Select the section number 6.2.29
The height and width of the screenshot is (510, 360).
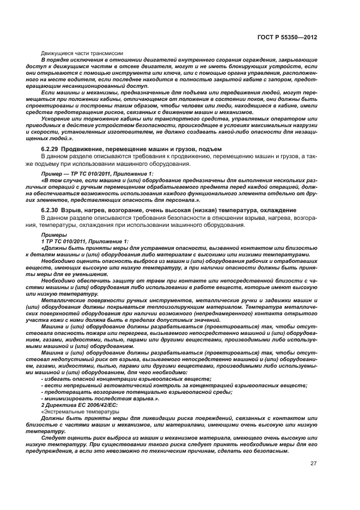click(51, 149)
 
